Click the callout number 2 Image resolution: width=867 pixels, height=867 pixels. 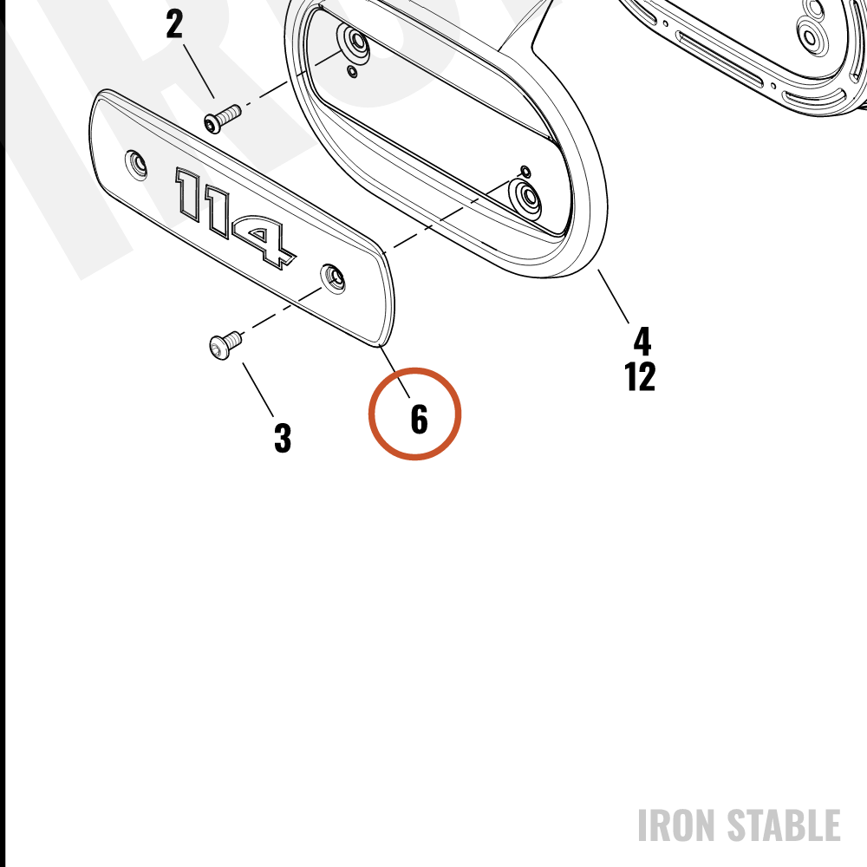pos(174,24)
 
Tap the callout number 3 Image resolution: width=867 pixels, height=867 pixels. pos(283,438)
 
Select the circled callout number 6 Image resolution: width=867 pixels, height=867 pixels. pos(419,419)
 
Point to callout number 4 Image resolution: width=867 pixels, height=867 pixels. pos(642,341)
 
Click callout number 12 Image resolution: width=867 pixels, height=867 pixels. pos(640,376)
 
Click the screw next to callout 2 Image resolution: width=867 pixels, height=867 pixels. pos(223,118)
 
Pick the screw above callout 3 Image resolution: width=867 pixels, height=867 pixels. pos(226,344)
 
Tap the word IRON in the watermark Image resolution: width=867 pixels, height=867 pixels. pos(678,825)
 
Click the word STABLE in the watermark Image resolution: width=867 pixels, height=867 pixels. pos(784,825)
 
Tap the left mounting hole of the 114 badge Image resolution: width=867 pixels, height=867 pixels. pos(136,165)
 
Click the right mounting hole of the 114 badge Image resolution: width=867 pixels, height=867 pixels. pos(334,278)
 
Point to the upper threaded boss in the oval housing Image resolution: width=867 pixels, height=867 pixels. pos(355,42)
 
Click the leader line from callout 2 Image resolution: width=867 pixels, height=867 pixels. pos(199,71)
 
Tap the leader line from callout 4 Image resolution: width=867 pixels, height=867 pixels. pos(613,297)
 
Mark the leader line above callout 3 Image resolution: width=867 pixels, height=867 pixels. pos(257,390)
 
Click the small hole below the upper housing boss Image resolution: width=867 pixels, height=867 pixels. pos(352,71)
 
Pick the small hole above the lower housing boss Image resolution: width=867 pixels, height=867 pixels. pos(525,172)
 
